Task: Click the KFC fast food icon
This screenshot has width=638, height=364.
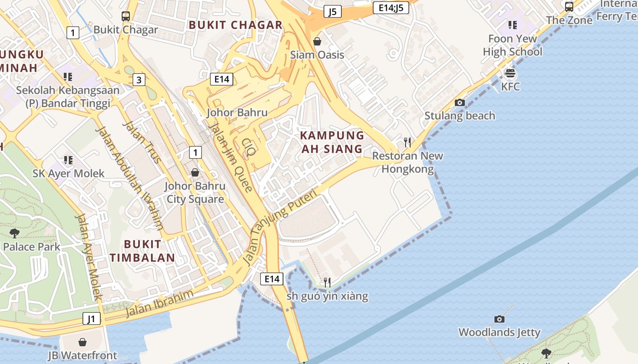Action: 510,73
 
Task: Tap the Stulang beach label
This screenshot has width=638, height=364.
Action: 459,116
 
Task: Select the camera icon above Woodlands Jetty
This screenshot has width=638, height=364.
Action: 499,319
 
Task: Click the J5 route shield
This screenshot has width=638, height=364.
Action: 333,11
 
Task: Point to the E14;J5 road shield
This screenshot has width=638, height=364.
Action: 391,7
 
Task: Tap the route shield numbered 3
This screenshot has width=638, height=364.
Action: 139,80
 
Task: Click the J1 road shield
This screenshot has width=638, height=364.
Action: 92,318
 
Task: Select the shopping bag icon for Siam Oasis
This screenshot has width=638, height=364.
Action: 317,42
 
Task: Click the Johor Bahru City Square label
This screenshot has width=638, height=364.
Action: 195,192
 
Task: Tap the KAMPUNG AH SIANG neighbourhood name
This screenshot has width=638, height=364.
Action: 332,142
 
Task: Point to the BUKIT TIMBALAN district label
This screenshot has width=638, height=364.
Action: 142,251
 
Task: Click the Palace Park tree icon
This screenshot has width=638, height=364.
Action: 14,233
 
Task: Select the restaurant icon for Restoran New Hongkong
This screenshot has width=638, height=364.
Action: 407,142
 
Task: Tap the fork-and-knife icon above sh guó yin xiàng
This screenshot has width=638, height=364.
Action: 327,283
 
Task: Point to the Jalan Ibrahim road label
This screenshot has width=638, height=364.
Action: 159,303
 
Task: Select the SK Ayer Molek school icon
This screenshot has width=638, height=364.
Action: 68,160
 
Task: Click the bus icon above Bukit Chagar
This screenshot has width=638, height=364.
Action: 126,16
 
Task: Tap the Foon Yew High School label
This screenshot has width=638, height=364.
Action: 512,45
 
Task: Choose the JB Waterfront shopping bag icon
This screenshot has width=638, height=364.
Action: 82,342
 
